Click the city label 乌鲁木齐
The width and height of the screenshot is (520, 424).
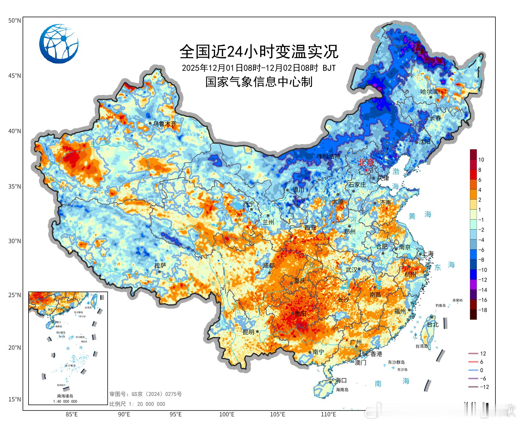(x=164, y=124)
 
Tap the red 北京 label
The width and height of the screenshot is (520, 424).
(x=366, y=163)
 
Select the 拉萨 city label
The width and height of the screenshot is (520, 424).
(x=160, y=265)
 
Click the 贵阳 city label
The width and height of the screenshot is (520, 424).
(x=300, y=314)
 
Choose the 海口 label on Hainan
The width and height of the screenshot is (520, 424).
(x=341, y=380)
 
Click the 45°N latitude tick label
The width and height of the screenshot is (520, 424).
(x=14, y=76)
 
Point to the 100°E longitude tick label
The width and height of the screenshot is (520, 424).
(x=227, y=415)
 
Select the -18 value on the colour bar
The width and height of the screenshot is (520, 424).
(x=482, y=310)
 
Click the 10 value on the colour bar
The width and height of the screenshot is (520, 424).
(x=481, y=160)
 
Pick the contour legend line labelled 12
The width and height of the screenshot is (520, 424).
(x=473, y=354)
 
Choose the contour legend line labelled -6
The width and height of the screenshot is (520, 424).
(x=473, y=378)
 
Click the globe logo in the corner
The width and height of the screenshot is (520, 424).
(x=59, y=44)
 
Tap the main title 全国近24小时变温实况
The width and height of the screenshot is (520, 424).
(x=259, y=51)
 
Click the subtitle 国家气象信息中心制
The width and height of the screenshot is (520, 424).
(x=259, y=82)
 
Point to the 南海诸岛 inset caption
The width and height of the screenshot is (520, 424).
(x=65, y=396)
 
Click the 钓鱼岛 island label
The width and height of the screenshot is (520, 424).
(x=440, y=305)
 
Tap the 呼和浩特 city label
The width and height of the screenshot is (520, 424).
(x=328, y=156)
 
